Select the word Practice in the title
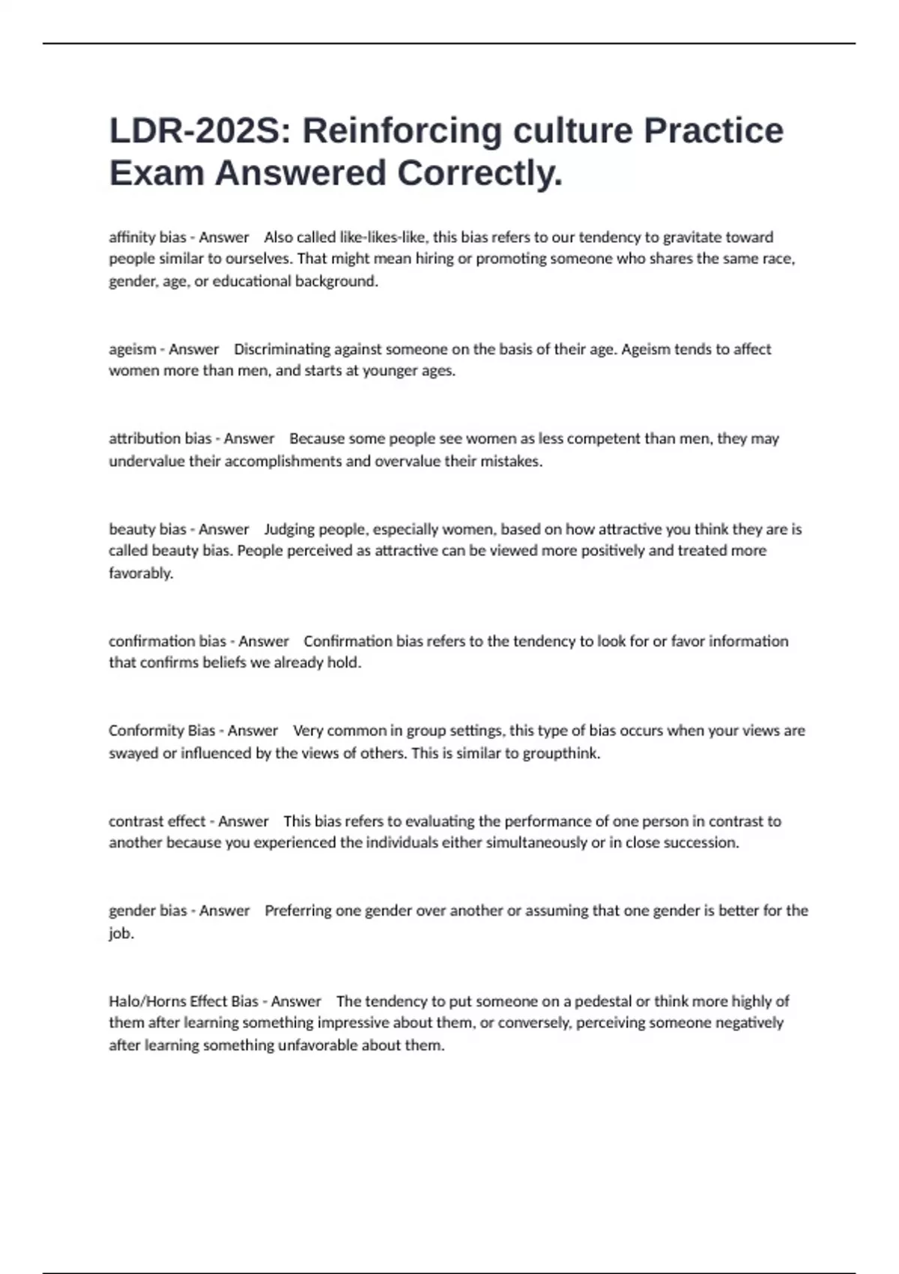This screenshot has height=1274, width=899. pos(713,131)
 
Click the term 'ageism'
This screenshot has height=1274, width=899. pos(132,349)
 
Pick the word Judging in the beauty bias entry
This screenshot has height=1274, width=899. pos(289,529)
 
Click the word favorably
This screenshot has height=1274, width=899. pos(140,573)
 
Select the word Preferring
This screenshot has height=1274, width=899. pos(297,911)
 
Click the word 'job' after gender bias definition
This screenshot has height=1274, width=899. pos(120,934)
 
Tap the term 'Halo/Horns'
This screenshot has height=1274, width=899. pos(147,1001)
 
